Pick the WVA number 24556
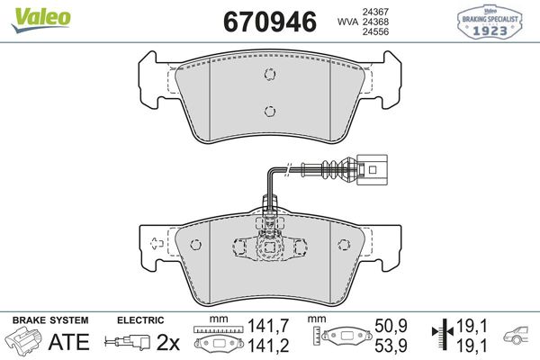pos(374,32)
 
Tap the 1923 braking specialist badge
pos(491,21)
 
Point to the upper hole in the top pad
pos(267,76)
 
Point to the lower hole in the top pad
pos(267,111)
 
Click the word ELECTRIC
pos(139,320)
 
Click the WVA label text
pos(345,21)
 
